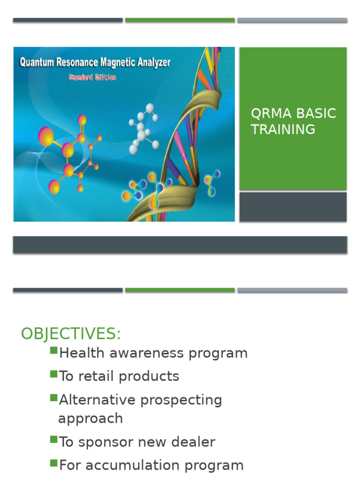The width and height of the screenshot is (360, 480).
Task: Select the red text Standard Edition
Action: [92, 77]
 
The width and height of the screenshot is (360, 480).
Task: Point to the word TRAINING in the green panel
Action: [283, 129]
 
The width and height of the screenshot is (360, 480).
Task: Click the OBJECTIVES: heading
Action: [71, 334]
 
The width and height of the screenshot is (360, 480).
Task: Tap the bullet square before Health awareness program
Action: [53, 351]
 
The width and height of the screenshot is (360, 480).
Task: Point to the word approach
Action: [90, 419]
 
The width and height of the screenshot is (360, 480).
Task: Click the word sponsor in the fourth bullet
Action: [101, 442]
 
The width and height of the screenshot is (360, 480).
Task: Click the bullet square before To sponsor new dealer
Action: [53, 440]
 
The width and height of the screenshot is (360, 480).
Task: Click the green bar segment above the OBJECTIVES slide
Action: [180, 290]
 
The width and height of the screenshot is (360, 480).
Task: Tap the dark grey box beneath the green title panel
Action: [293, 207]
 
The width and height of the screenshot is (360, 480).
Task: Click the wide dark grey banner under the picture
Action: [180, 245]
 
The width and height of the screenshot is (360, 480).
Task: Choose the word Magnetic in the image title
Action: [116, 62]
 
